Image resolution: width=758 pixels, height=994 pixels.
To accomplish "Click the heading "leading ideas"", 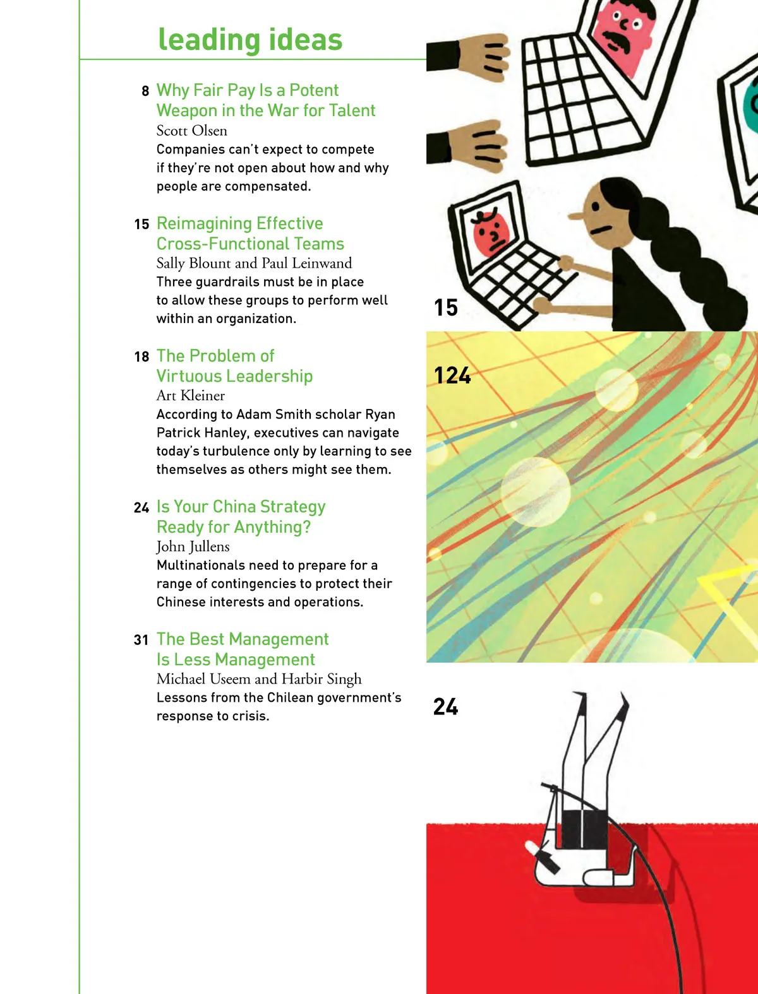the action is click(x=250, y=39).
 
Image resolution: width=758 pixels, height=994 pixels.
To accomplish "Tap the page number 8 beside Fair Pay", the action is click(x=145, y=92).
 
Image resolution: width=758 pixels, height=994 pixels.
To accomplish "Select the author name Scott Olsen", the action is click(x=191, y=131).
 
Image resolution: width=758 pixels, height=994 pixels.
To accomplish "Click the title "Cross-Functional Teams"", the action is click(x=250, y=244).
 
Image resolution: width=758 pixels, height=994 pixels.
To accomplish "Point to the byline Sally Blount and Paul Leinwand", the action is click(x=254, y=263).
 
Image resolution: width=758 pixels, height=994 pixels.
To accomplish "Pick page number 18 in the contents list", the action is click(x=141, y=357).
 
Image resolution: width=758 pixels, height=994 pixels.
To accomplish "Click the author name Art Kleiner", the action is click(x=190, y=396).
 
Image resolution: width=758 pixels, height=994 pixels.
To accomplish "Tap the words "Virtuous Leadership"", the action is click(x=235, y=376).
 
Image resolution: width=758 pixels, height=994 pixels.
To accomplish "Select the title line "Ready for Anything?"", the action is click(x=234, y=526).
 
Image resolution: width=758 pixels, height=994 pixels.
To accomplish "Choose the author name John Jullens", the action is click(x=193, y=547).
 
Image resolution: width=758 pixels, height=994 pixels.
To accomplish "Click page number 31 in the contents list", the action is click(x=141, y=640).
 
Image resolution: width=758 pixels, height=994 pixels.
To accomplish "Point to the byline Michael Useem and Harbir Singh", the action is click(x=259, y=679).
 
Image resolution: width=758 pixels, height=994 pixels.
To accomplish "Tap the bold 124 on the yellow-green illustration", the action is click(x=452, y=376).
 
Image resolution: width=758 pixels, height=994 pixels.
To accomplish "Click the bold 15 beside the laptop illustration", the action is click(x=446, y=307).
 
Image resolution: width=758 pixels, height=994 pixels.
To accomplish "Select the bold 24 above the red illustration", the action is click(x=446, y=706).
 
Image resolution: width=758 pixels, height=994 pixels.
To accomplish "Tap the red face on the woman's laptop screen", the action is click(x=491, y=234).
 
